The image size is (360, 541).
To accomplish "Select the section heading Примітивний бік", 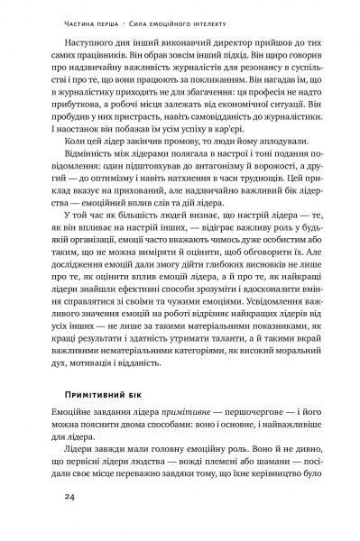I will pyautogui.click(x=112, y=397).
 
